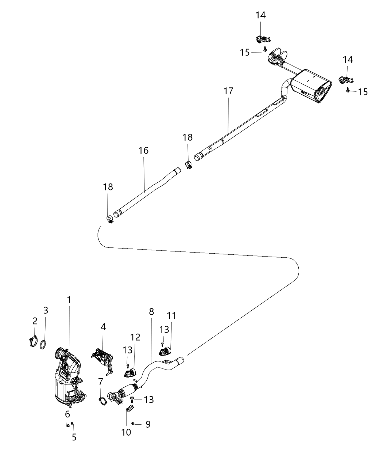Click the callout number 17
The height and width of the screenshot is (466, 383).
(228, 91)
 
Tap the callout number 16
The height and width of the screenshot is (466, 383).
(143, 150)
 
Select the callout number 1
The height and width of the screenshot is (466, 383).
(69, 300)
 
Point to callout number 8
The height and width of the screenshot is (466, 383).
(151, 312)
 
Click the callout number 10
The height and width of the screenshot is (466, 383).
(126, 432)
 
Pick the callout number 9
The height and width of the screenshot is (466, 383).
(148, 424)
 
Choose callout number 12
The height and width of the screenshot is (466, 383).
(136, 337)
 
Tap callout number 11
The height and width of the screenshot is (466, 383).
(171, 315)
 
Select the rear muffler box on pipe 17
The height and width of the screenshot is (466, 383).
(312, 86)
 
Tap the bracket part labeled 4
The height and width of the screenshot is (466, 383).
(102, 360)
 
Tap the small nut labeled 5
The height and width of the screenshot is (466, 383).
(72, 424)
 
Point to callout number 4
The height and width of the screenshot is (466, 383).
(103, 327)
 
